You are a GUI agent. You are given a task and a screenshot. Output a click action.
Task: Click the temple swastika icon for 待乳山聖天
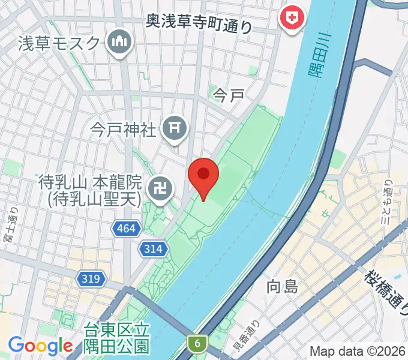(162, 189)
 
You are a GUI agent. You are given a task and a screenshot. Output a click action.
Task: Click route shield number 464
(127, 228)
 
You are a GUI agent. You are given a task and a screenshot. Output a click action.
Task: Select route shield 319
(92, 278)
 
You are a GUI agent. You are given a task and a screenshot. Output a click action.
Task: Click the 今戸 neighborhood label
(229, 95)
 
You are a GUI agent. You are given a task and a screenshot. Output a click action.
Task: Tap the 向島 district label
(282, 287)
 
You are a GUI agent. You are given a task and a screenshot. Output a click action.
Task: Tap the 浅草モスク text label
(59, 43)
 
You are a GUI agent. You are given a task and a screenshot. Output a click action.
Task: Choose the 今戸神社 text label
(123, 128)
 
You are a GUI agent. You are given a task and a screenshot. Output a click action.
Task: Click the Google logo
(40, 346)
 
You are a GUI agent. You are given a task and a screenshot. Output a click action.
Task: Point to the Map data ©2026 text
(358, 351)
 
